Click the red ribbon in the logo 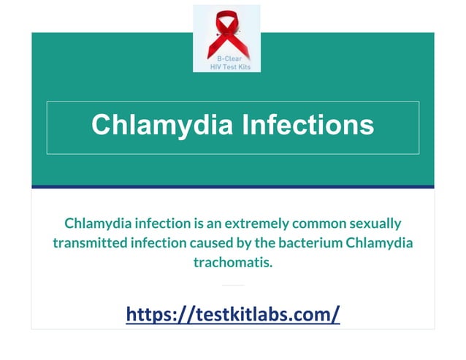(x=226, y=29)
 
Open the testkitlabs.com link (x=233, y=314)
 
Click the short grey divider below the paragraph (x=233, y=285)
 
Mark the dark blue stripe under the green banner (x=233, y=187)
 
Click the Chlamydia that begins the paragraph (x=94, y=223)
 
